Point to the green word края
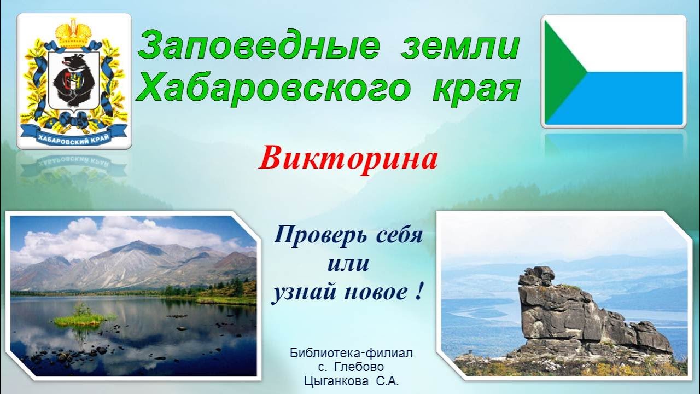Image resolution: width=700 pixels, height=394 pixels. point(475,89)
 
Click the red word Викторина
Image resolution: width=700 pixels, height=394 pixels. point(348,159)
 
